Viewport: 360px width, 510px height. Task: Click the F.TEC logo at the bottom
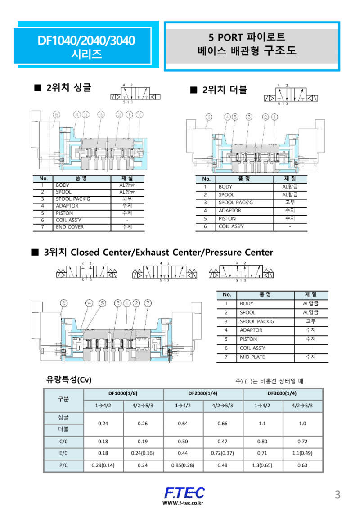(184, 492)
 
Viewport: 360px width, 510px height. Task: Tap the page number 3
(337, 495)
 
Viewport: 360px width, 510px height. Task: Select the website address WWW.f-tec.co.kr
(183, 503)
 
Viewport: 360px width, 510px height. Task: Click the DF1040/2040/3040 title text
(86, 41)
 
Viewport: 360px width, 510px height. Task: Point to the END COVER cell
(70, 227)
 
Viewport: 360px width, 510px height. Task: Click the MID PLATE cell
(252, 357)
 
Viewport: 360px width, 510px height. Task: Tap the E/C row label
(63, 453)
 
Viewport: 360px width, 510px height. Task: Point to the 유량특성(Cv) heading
(69, 380)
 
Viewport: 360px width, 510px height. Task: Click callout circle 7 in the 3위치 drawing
(148, 303)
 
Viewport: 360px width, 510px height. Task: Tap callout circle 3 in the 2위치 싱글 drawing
(101, 114)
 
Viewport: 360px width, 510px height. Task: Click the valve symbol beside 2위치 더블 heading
(292, 95)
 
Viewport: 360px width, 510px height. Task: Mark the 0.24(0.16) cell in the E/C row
(143, 453)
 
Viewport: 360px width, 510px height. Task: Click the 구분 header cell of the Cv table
(63, 399)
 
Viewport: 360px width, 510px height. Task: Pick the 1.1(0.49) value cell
(302, 453)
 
